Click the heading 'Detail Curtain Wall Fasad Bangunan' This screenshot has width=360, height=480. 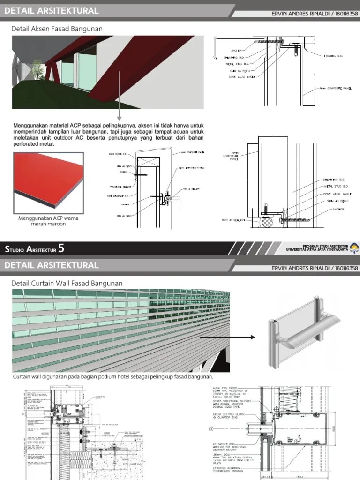click(67, 283)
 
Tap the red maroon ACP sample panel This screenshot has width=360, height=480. click(44, 180)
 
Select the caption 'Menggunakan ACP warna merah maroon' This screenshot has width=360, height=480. click(42, 221)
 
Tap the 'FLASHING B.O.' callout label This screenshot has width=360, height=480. click(333, 56)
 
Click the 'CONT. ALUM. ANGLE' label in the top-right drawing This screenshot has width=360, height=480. click(236, 77)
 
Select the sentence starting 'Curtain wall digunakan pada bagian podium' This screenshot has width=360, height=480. click(112, 377)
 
